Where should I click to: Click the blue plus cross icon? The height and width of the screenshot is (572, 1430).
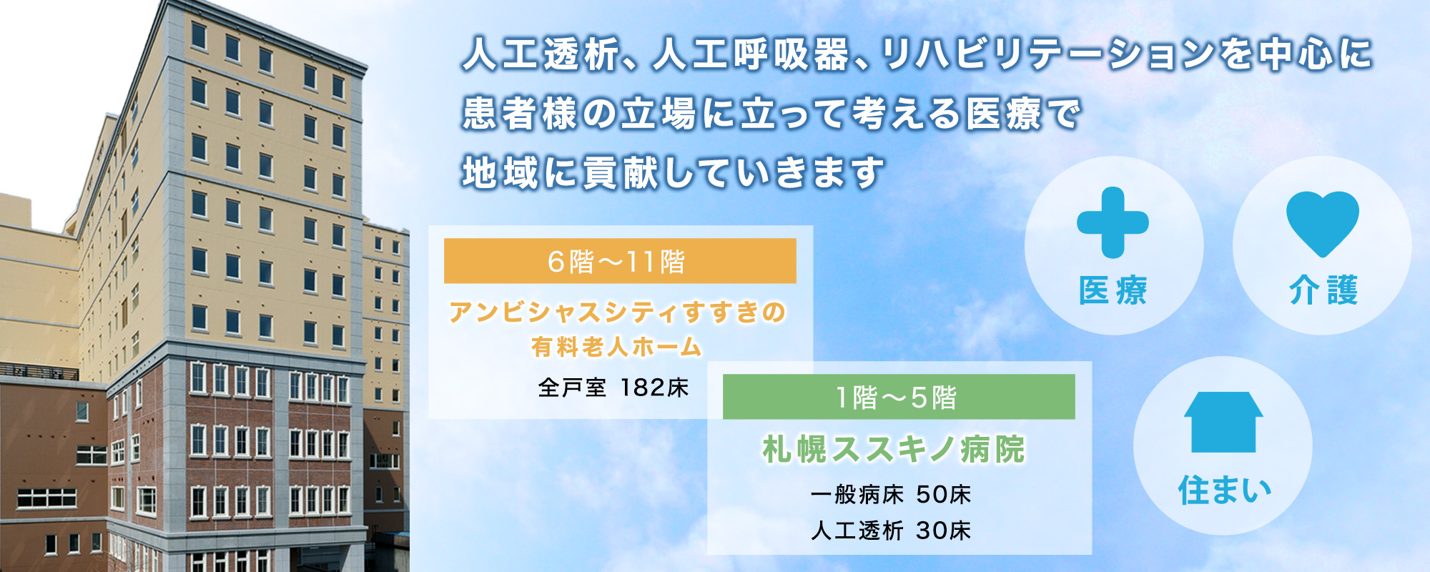1113,222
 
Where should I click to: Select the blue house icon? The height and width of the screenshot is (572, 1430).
1223,422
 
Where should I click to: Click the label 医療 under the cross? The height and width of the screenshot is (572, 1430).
1113,290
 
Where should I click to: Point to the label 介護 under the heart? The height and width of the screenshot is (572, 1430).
1323,290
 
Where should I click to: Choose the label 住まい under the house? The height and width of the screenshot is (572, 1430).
1225,490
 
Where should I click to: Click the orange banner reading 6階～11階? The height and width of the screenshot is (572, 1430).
620,261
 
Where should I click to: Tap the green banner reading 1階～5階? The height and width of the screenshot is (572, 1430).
899,397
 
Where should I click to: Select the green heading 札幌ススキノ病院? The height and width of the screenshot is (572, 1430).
894,449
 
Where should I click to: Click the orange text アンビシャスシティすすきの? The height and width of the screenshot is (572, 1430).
618,312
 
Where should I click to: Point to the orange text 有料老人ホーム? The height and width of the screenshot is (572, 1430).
616,347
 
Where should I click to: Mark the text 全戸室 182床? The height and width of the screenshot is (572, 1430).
613,388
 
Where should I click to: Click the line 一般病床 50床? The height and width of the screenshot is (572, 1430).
891,494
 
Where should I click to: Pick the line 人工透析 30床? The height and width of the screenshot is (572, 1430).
891,530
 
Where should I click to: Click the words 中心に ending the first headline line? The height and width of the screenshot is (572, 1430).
1316,54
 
